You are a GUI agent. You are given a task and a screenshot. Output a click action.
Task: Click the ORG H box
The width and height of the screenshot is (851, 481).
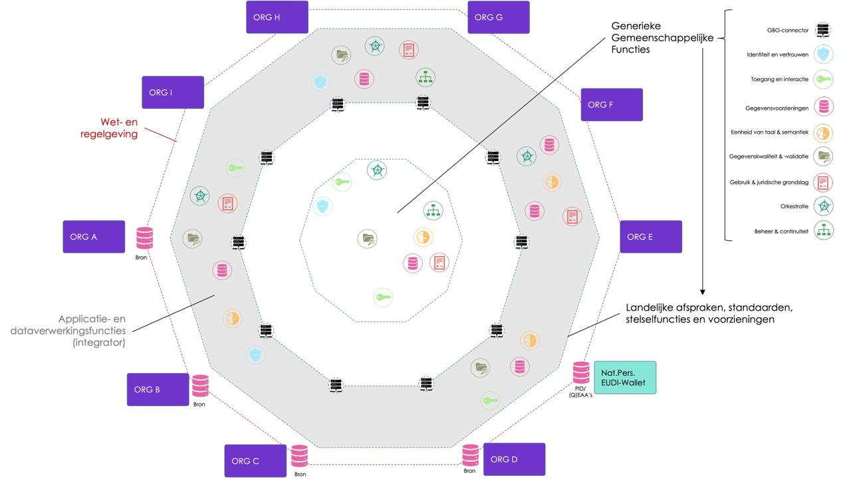pos(277,17)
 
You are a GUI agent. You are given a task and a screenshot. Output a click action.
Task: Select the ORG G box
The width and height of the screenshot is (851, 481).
pos(499,17)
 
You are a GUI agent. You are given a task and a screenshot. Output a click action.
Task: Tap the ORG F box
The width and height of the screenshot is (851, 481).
pos(612,104)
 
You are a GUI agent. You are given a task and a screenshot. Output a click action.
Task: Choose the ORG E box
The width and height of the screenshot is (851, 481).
pos(651,237)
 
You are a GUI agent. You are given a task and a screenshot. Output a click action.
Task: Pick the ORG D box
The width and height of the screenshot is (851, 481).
pos(514,459)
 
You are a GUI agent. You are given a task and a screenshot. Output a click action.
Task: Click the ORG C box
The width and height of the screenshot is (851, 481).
pos(255,460)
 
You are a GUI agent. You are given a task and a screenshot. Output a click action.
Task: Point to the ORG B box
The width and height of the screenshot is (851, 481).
pos(158,389)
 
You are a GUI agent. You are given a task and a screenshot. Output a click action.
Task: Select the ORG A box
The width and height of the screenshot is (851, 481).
pos(94,237)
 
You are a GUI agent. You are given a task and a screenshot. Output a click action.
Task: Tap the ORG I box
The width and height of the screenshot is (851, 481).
pos(173,92)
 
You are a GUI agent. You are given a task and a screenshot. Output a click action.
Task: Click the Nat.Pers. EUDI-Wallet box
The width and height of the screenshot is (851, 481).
pos(624,377)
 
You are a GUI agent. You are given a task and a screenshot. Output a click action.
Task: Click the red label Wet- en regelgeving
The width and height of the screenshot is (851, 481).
pos(119,128)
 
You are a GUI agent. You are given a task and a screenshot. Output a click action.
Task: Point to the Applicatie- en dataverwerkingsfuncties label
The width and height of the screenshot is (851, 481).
pos(68,331)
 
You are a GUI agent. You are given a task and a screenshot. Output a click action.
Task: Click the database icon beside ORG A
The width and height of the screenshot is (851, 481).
pos(144,238)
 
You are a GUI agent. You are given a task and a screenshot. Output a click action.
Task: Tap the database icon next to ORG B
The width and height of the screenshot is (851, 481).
pos(200,386)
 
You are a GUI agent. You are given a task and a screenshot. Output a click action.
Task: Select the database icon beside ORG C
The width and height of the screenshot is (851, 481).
pos(299,456)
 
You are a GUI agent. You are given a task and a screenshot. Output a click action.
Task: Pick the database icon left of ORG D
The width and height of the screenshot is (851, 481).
pos(471,455)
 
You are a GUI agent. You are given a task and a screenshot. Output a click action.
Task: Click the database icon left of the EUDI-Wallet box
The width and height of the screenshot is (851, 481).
pos(580,373)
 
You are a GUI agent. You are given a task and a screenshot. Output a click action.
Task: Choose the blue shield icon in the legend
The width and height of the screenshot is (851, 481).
pos(823,55)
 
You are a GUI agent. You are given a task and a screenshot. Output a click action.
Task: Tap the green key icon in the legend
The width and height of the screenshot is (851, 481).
pos(823,80)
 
